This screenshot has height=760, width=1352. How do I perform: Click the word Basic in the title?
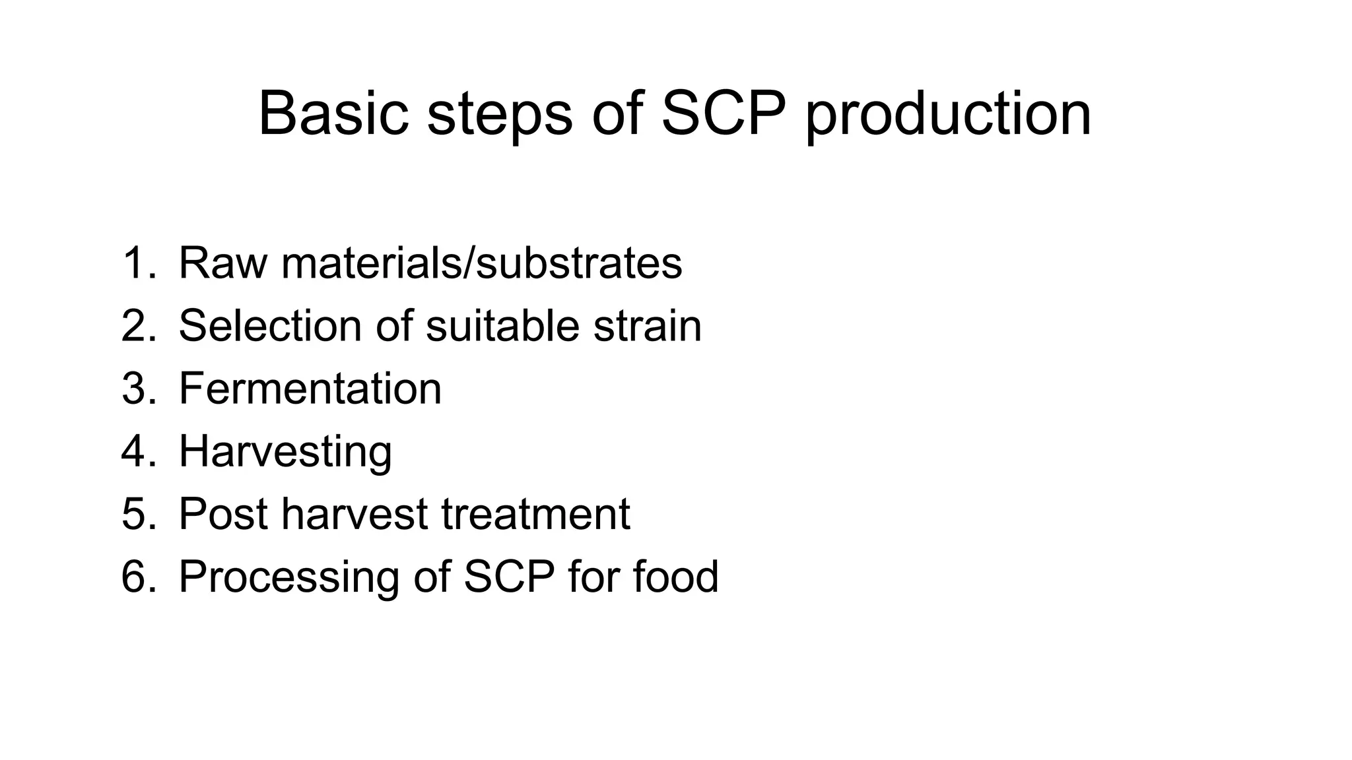(333, 113)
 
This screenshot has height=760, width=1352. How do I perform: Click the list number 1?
(138, 263)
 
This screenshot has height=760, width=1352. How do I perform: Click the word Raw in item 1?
(222, 263)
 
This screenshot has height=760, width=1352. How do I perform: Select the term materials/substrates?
(482, 263)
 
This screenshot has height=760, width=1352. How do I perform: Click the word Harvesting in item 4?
(285, 451)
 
